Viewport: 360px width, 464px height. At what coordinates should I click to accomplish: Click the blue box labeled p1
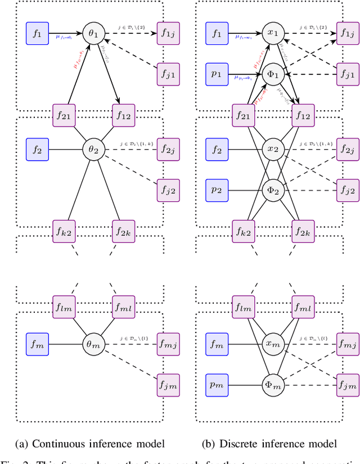(217, 73)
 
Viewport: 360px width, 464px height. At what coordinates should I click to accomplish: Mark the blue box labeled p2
(217, 190)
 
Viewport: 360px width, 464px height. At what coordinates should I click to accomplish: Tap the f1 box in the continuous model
(38, 33)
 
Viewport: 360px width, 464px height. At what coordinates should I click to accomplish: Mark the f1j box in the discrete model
(348, 33)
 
